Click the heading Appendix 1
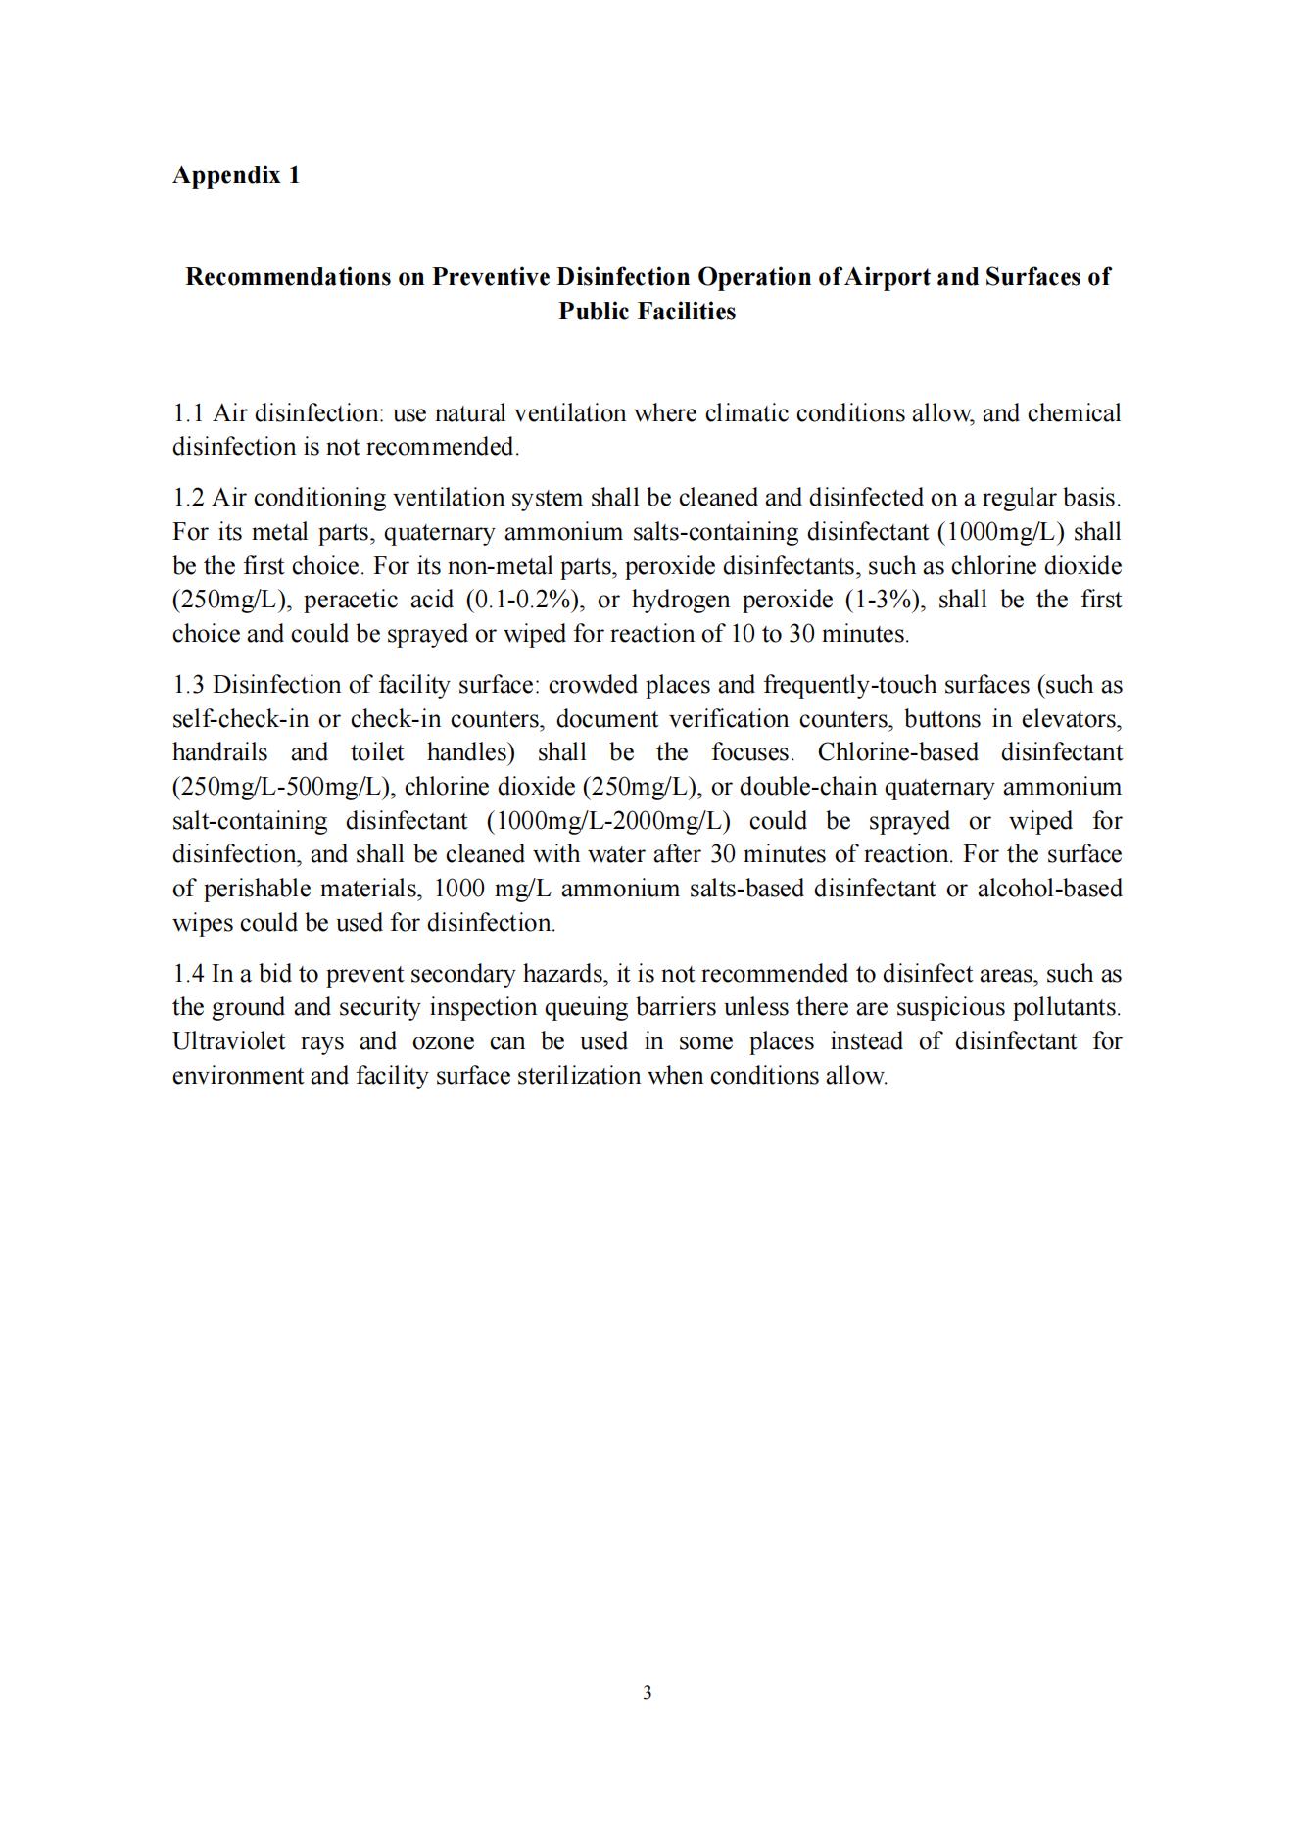click(236, 175)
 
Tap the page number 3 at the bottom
click(648, 1692)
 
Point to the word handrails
click(219, 752)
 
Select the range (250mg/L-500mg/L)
click(283, 787)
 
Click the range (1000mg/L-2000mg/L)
click(608, 821)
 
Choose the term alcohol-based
click(1049, 889)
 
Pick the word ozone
click(443, 1041)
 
